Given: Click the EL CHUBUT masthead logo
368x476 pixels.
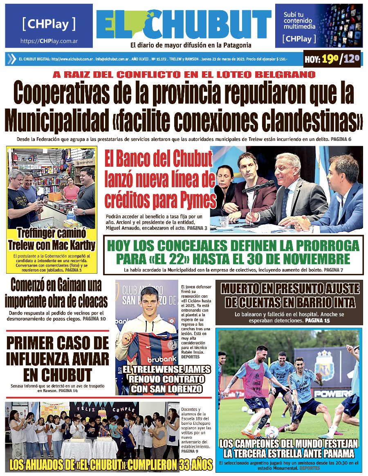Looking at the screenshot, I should pyautogui.click(x=184, y=24).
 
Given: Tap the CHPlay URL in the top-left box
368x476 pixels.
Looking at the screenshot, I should pyautogui.click(x=49, y=41).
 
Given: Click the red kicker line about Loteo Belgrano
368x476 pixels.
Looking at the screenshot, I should pyautogui.click(x=184, y=75).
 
